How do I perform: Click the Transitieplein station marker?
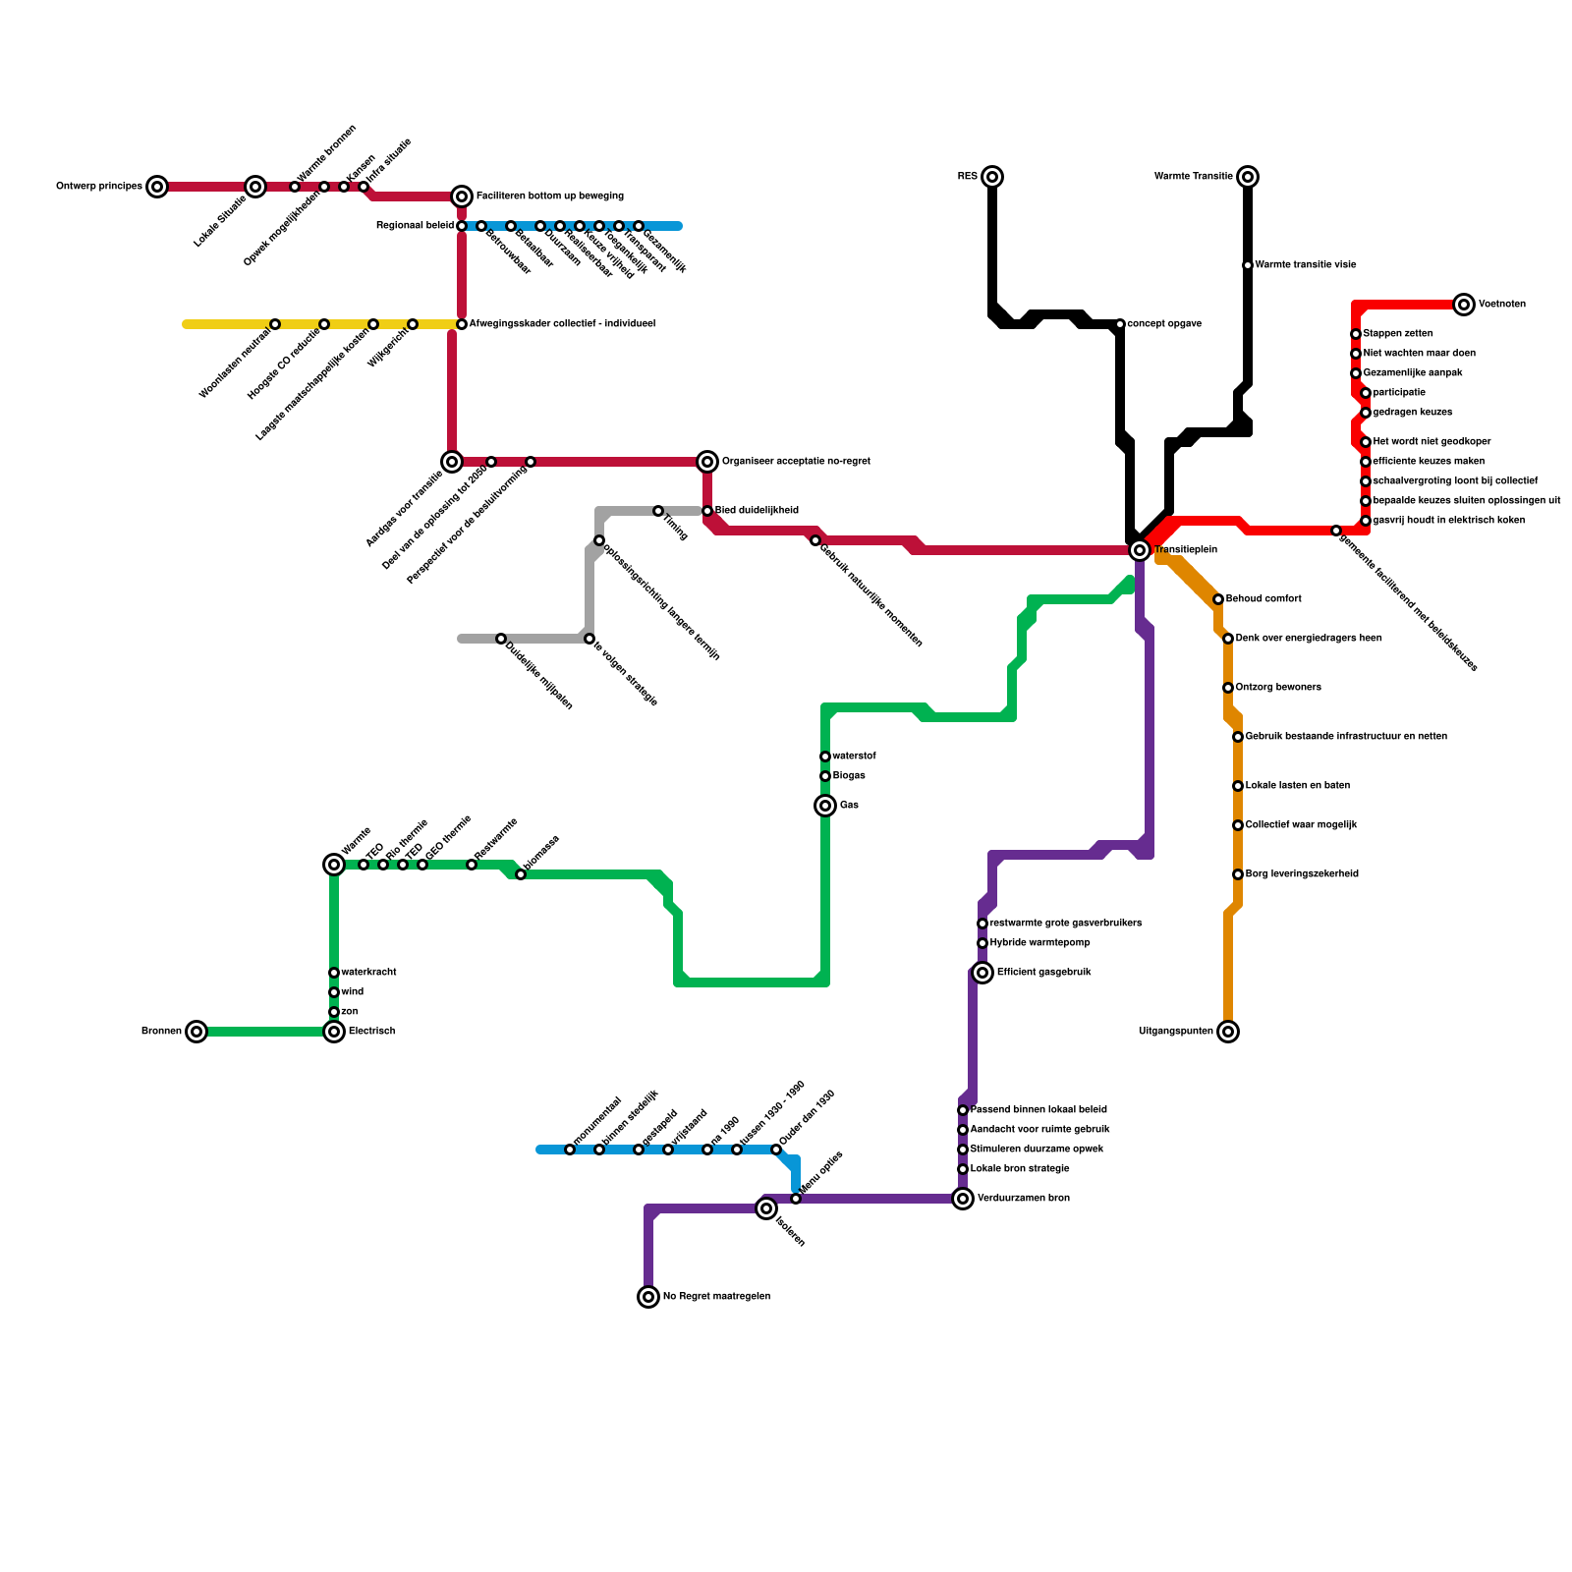click(x=1140, y=550)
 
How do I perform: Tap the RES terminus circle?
click(x=992, y=177)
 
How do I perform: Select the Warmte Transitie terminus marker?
click(x=1248, y=177)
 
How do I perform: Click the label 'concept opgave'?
click(x=1164, y=324)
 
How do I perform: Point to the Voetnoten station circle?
click(x=1464, y=305)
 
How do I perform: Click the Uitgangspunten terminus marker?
click(x=1228, y=1032)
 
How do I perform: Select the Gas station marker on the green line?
click(x=825, y=806)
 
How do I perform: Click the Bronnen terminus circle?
click(x=196, y=1032)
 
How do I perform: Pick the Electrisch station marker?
click(x=334, y=1032)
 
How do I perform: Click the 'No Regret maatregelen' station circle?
click(x=648, y=1297)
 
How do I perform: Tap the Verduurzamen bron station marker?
click(x=963, y=1199)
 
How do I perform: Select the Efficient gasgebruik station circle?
click(x=982, y=973)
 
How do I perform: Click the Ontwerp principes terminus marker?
click(x=157, y=187)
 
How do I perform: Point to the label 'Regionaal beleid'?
click(x=415, y=226)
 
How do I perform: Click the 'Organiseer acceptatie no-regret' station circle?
click(x=707, y=462)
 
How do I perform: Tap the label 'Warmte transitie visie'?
click(x=1305, y=265)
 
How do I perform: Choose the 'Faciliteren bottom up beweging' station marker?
click(x=462, y=196)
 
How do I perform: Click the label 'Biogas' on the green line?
click(x=849, y=776)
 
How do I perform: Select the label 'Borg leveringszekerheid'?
click(x=1302, y=874)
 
